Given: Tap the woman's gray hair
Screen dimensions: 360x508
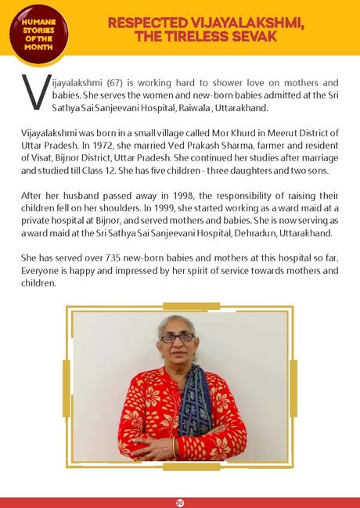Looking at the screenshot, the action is [x=179, y=322].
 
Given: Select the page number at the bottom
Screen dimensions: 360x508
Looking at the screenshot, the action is [x=179, y=499].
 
